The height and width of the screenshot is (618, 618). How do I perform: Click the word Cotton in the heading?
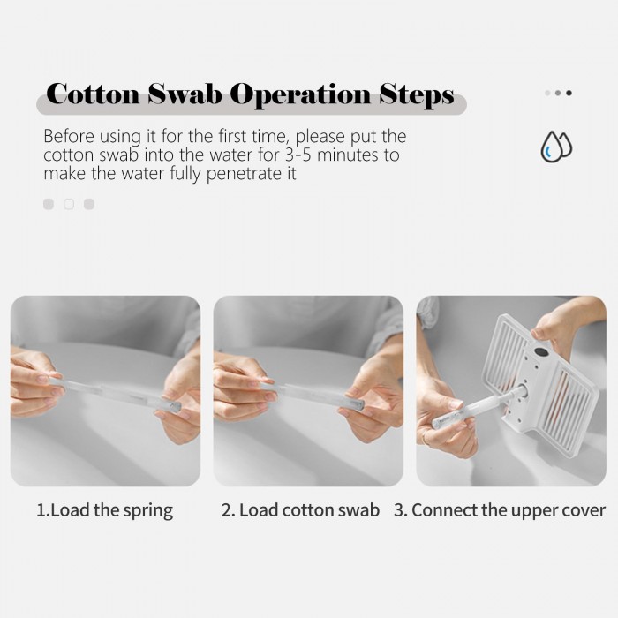(x=93, y=94)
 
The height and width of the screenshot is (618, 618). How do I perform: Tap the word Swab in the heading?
(x=185, y=94)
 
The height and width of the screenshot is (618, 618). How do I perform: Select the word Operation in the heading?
(x=300, y=95)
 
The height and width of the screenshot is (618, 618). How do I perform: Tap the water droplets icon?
(x=556, y=147)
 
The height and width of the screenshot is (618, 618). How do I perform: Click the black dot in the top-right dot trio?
(x=569, y=93)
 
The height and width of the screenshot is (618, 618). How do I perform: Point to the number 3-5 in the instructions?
(x=298, y=154)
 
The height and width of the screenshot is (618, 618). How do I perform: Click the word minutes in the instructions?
(x=348, y=154)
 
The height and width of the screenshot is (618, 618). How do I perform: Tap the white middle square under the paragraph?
(x=69, y=204)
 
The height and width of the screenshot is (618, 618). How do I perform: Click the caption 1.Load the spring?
(x=104, y=510)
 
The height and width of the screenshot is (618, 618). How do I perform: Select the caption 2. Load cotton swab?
(x=300, y=510)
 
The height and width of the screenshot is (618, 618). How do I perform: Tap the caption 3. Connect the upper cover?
(x=500, y=510)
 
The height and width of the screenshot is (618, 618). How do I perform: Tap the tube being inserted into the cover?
(x=478, y=407)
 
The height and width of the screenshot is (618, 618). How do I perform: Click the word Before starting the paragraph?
(x=69, y=136)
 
